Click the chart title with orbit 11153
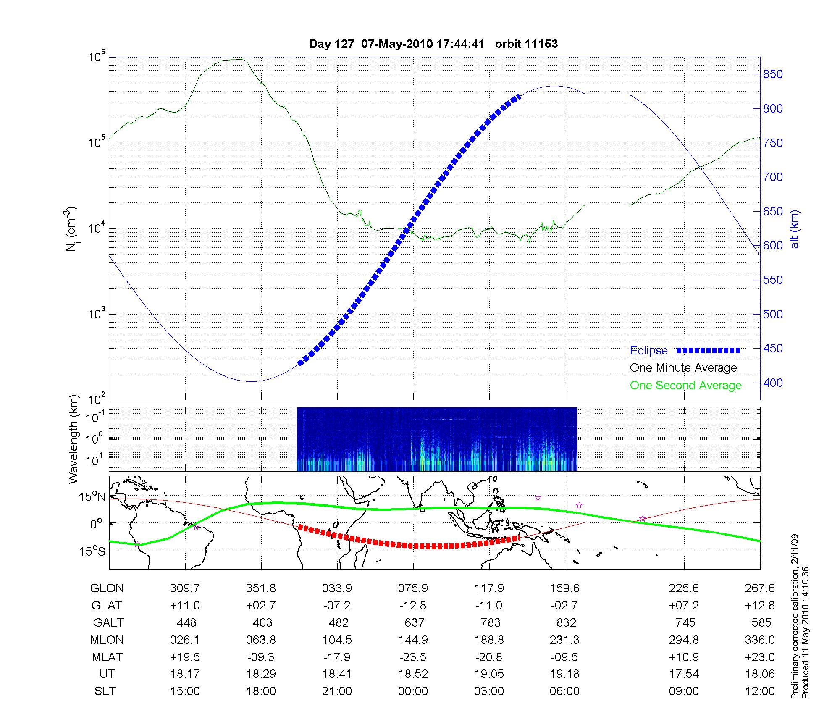(x=433, y=44)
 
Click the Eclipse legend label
(x=648, y=351)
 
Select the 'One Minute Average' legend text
(x=683, y=368)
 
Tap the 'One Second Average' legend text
(x=685, y=386)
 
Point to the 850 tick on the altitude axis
(x=773, y=74)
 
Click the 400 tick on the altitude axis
(x=773, y=383)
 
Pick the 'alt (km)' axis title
(x=794, y=229)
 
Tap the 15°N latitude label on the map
(x=92, y=497)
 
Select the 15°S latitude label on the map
(x=92, y=551)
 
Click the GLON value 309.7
(x=185, y=588)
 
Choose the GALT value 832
(x=565, y=622)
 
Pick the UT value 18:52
(x=413, y=674)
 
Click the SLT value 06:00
(x=565, y=691)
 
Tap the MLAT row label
(x=107, y=657)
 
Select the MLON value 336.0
(x=760, y=640)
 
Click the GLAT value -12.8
(x=413, y=606)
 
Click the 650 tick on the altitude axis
(x=773, y=212)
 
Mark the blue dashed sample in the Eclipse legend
(x=709, y=351)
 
